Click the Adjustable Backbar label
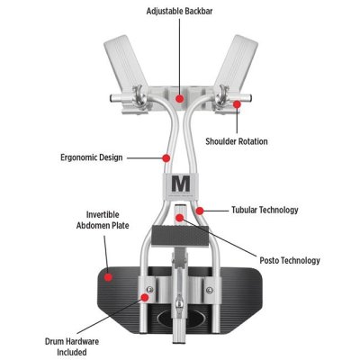[179, 12]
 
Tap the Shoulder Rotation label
[237, 141]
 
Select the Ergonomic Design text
[92, 157]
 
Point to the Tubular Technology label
[265, 210]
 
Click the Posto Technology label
[290, 260]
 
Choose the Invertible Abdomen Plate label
[103, 220]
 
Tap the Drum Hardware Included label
[72, 346]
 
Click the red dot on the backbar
[180, 98]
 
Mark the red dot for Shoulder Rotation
[237, 104]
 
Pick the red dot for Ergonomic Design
[166, 157]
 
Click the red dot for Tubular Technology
[200, 211]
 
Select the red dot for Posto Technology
[179, 218]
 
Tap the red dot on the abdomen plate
[108, 277]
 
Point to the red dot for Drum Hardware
[145, 297]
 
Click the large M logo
[181, 184]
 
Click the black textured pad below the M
[180, 237]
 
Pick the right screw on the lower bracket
[210, 290]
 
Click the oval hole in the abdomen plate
[180, 317]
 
